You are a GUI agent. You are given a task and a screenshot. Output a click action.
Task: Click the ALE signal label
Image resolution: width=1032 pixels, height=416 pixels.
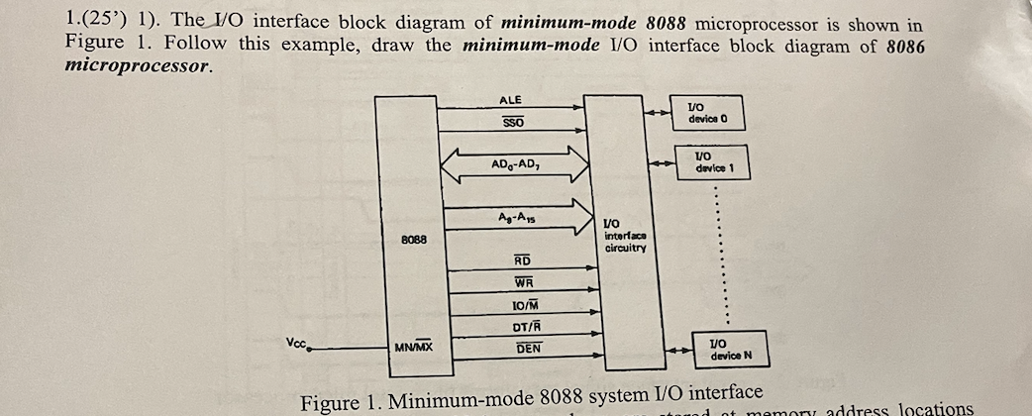tap(510, 100)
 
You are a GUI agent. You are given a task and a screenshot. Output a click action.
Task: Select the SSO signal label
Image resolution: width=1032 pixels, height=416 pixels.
tap(512, 122)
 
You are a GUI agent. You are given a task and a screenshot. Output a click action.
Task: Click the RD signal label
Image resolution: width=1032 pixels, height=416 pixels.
tap(522, 260)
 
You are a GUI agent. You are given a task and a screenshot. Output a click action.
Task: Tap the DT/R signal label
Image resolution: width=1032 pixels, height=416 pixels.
tap(525, 327)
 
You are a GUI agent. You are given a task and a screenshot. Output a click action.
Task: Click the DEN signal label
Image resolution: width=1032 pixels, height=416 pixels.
tap(529, 349)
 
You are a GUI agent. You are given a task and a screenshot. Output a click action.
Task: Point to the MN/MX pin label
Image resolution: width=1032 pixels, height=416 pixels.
tap(413, 348)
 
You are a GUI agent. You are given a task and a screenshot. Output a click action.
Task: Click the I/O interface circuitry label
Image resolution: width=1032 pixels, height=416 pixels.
tap(625, 236)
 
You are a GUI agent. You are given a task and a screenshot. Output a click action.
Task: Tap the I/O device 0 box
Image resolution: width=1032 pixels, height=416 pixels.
tap(707, 113)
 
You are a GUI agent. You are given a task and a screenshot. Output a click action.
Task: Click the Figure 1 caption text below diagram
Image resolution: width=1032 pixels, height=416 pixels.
tap(531, 401)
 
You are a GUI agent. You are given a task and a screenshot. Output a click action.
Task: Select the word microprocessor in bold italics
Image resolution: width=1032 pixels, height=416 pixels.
tap(138, 66)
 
